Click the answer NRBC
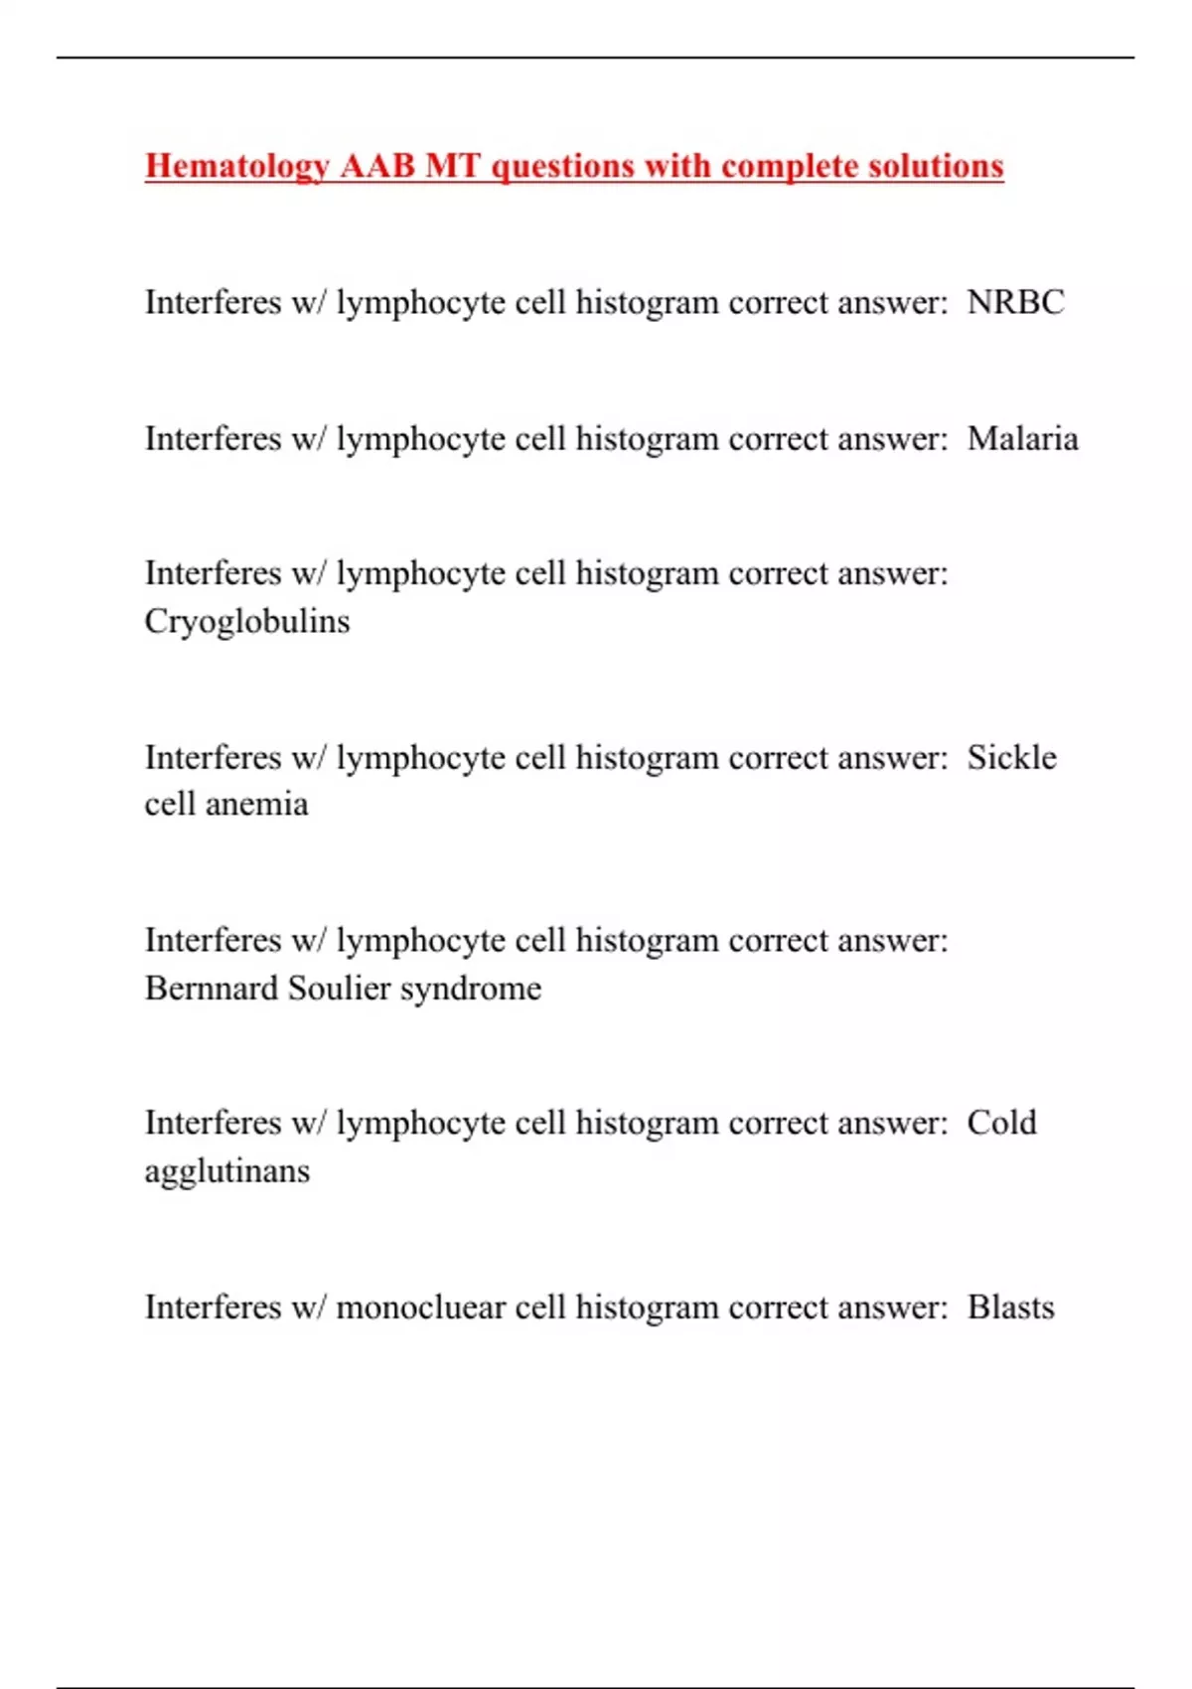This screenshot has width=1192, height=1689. click(1015, 302)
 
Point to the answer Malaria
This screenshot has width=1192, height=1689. click(1022, 438)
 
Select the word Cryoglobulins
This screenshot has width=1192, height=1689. click(247, 622)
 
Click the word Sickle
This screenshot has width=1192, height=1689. click(1011, 757)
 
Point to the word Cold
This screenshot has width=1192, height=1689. click(1001, 1123)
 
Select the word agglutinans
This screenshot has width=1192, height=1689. click(227, 1171)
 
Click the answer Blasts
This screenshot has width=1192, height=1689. click(1010, 1307)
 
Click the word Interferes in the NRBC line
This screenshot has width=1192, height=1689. click(213, 302)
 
